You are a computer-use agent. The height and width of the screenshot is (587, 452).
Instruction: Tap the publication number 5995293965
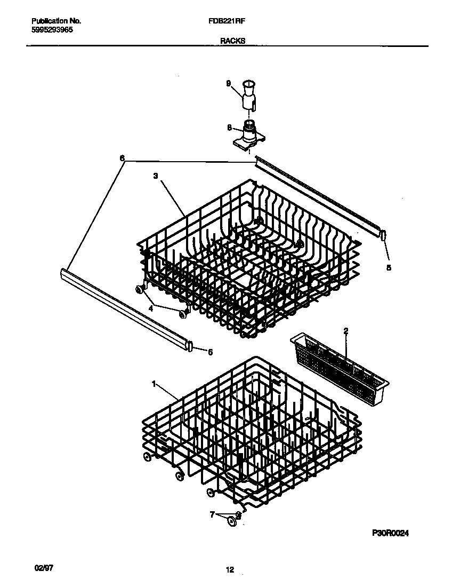click(x=52, y=30)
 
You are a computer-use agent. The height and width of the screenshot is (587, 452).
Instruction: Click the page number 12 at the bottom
click(x=230, y=570)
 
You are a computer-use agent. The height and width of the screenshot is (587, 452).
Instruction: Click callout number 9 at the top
click(x=228, y=83)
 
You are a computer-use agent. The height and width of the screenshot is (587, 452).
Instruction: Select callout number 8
click(x=229, y=128)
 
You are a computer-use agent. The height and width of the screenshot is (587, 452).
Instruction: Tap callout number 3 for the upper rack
click(x=156, y=175)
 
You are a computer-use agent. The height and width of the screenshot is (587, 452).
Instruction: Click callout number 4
click(x=151, y=308)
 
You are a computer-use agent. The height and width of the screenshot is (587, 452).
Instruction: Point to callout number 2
click(x=345, y=331)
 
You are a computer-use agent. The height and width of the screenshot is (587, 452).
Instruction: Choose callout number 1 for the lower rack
click(x=154, y=383)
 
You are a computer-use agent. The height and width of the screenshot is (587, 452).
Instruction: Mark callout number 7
click(x=212, y=514)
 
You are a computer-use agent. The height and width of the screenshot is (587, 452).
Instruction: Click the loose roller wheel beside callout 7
click(x=232, y=521)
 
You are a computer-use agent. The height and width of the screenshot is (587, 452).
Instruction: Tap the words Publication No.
click(x=56, y=21)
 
